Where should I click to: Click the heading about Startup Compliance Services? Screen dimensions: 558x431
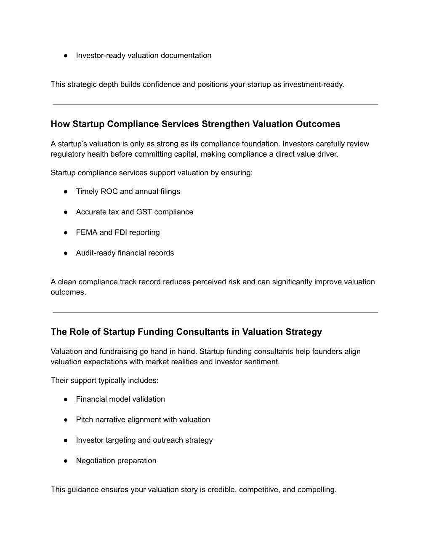pos(195,124)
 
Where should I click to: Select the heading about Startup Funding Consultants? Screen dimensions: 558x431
pos(186,332)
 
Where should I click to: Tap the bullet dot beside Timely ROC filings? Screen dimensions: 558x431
pos(66,192)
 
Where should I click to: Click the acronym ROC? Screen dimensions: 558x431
pos(109,192)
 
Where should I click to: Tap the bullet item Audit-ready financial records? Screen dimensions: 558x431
pos(125,253)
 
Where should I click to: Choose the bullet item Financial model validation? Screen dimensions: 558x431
pos(120,399)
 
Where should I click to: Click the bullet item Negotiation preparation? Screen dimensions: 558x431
pos(116,461)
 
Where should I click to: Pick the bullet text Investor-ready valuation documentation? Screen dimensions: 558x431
pos(144,56)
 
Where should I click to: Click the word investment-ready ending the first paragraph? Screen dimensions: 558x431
pos(313,85)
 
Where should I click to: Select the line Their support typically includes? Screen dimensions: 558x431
pos(104,381)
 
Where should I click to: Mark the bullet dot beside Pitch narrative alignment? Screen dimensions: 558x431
pos(66,420)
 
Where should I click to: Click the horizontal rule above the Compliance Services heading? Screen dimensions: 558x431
pos(215,104)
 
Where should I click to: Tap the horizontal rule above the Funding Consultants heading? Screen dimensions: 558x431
pos(215,312)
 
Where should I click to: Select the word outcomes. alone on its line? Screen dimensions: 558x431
pos(68,292)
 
